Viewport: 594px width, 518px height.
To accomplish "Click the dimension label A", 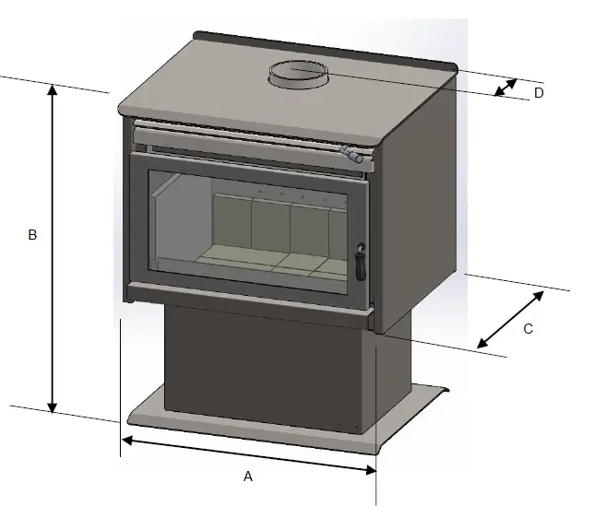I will click(x=247, y=477).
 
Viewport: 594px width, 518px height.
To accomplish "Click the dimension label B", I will click(x=32, y=235).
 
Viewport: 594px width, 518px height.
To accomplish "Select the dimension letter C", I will click(x=529, y=328).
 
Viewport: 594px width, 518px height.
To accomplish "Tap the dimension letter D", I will click(x=540, y=93).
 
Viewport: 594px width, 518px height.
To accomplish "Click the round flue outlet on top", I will click(x=298, y=74).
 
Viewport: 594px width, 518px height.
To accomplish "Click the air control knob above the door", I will click(x=351, y=155).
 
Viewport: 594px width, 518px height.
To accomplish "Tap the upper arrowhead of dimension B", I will click(x=53, y=90).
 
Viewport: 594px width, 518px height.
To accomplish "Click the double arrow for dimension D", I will click(x=505, y=87).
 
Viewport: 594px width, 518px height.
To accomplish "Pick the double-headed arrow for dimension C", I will click(x=510, y=319).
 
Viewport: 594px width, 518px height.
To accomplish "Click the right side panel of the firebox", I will click(x=420, y=212).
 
